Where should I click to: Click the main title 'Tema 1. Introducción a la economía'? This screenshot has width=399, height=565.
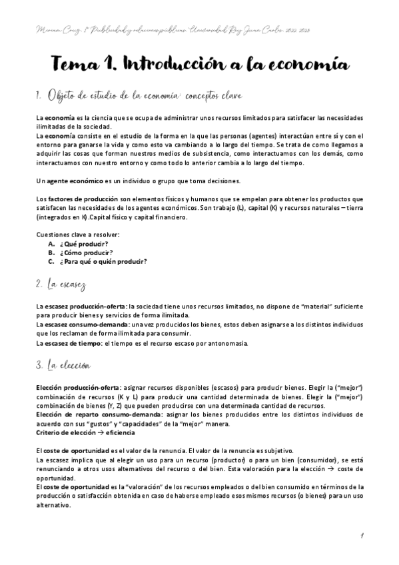coord(199,64)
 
